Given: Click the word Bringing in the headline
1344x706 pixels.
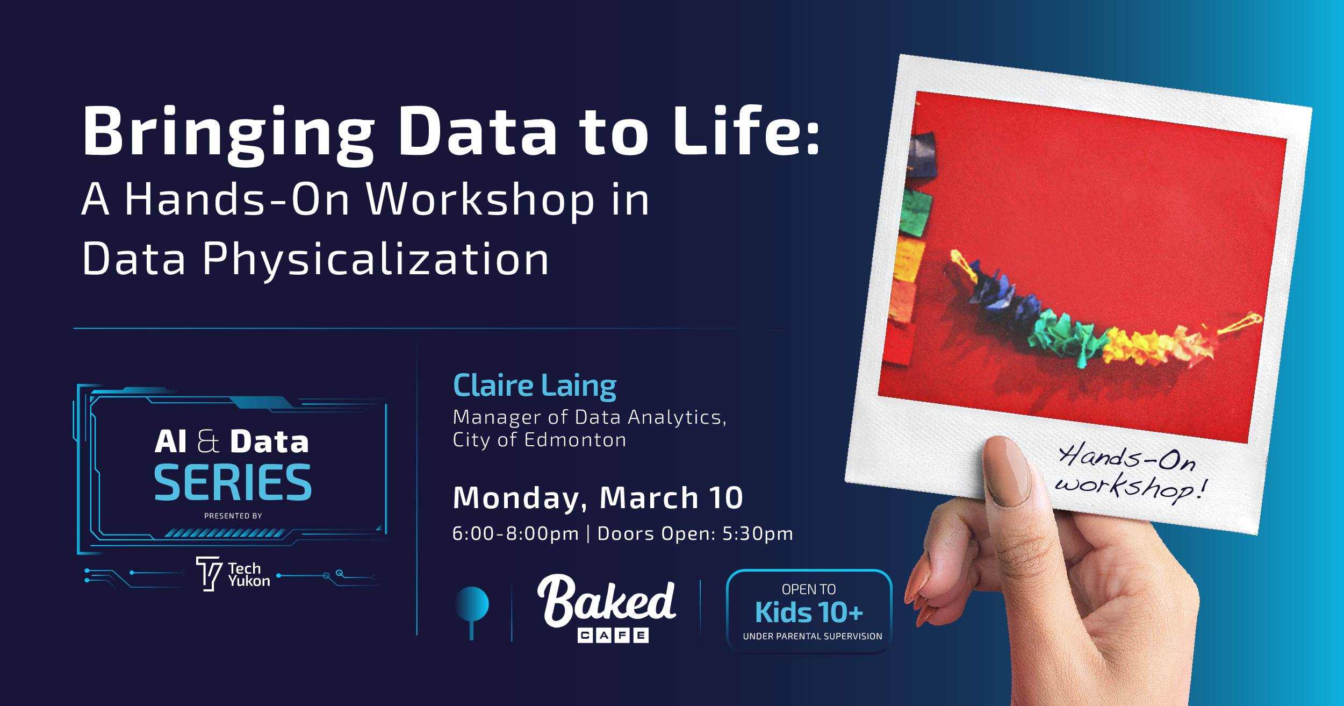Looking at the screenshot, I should (x=228, y=133).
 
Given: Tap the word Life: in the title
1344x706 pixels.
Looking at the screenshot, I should (x=747, y=131).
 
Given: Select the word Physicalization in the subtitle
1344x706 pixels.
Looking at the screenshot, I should (x=376, y=260).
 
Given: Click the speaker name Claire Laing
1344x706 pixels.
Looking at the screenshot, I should (x=534, y=386).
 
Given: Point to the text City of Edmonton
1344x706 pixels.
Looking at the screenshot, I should (x=539, y=440).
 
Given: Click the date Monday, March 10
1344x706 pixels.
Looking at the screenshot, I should (x=598, y=497).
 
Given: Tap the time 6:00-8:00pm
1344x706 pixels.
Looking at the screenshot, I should (x=515, y=533).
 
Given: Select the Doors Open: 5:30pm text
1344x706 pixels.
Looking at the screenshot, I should (x=695, y=533).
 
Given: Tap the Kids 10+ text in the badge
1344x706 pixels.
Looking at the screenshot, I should (x=809, y=612).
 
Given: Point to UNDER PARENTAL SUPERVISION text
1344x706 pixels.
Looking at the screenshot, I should (x=812, y=637).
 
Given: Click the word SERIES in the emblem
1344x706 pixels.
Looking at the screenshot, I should (x=233, y=483).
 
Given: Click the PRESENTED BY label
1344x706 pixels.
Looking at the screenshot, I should (x=233, y=516).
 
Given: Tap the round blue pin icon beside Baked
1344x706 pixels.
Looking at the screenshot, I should (x=472, y=604).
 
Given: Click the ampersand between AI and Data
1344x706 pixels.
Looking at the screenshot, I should (x=208, y=441).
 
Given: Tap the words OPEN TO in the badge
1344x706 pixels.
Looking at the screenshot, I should (x=808, y=589).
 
